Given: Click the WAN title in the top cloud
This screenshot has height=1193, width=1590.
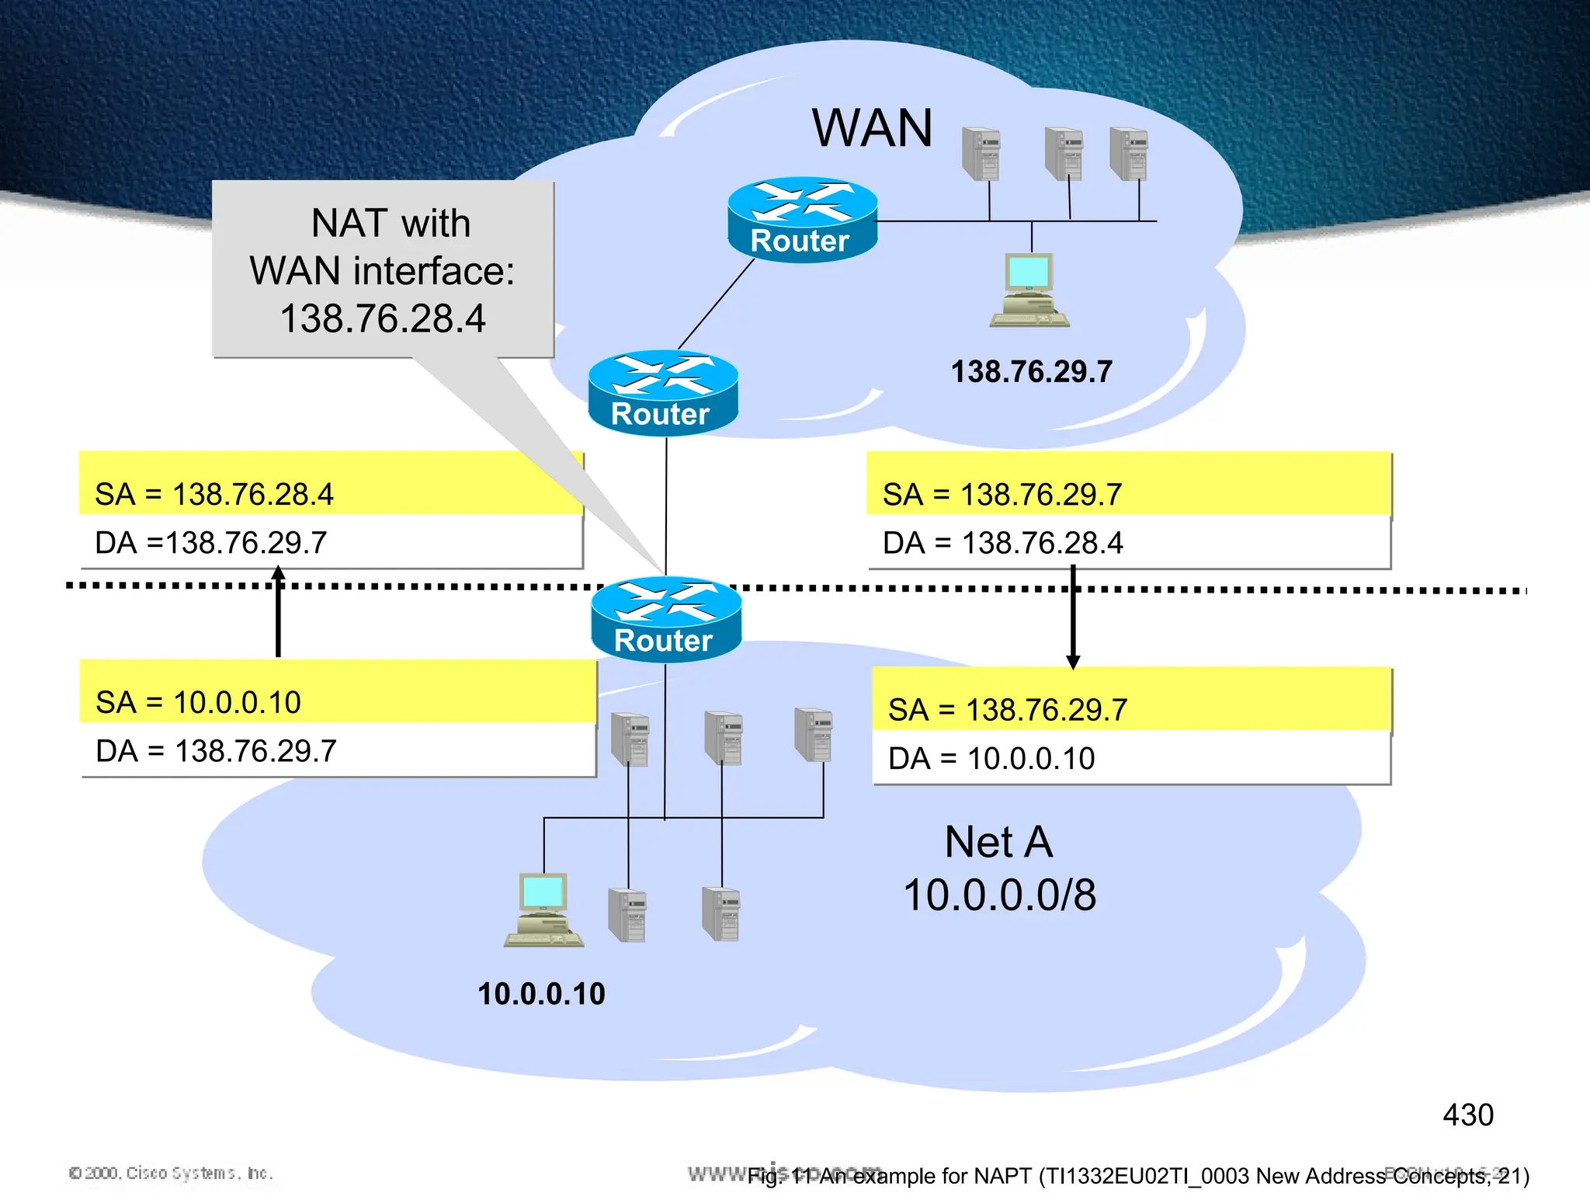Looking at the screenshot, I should coord(872,128).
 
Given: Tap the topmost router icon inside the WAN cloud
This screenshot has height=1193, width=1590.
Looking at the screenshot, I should coord(802,220).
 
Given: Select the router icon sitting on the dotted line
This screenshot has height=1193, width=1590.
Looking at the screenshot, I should coord(665,619).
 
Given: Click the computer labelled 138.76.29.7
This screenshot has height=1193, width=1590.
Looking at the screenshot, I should coord(1029,290).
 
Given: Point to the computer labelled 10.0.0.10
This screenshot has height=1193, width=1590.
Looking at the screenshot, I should coord(543,910).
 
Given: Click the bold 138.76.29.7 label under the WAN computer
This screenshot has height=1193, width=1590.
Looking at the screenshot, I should coord(1031,372).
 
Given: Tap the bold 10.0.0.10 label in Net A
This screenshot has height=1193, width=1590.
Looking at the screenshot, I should coord(541,994).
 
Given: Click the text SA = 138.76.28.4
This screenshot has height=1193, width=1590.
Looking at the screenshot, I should coord(214,495).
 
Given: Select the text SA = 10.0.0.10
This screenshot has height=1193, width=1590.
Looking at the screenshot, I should coord(198,703).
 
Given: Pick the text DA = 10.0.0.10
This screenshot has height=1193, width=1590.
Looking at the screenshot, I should coord(991,759).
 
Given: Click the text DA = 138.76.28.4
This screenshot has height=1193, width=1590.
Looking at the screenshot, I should coord(1002,543).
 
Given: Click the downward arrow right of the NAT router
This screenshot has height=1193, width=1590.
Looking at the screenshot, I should coord(1073,617).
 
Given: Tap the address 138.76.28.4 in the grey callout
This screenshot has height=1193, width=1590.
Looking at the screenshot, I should coord(382,318).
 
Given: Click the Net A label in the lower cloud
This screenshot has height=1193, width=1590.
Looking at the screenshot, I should coord(998,842).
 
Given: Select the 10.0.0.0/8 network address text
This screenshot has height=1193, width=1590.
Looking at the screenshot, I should coord(999,895).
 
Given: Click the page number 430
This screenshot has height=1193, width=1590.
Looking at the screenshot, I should coord(1467,1115).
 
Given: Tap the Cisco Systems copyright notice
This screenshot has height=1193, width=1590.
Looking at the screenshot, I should coord(171,1173).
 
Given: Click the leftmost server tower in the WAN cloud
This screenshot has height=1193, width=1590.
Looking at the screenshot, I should coord(981,154).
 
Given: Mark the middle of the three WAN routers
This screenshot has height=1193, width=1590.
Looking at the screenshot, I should coord(663,393).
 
